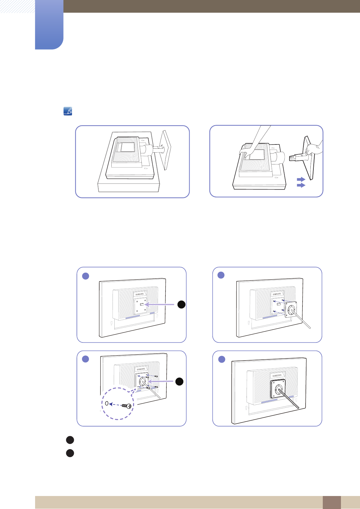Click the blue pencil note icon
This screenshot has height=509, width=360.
coord(68,111)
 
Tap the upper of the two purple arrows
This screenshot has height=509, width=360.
coord(301,180)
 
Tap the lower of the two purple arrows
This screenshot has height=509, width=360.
coord(301,185)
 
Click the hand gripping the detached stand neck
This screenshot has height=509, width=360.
coord(313,149)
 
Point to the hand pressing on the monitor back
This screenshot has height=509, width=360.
coord(245,151)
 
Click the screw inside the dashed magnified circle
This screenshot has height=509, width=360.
coord(128,406)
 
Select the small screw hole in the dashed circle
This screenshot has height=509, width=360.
coord(106,403)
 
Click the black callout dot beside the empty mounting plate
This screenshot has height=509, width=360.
coord(181,304)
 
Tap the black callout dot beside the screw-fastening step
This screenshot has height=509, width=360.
coord(179,381)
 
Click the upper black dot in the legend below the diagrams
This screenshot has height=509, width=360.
coord(70,440)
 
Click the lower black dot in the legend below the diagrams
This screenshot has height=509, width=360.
coord(70,453)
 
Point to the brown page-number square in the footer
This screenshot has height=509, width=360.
coord(332,502)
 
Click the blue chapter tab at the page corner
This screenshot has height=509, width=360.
coord(49,24)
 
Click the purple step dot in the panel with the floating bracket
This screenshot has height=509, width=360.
coord(221,275)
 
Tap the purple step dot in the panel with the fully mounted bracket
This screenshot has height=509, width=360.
coord(222,359)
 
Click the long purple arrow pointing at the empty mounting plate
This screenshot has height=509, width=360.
coord(160,305)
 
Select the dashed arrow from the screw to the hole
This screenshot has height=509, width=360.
coord(116,404)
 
